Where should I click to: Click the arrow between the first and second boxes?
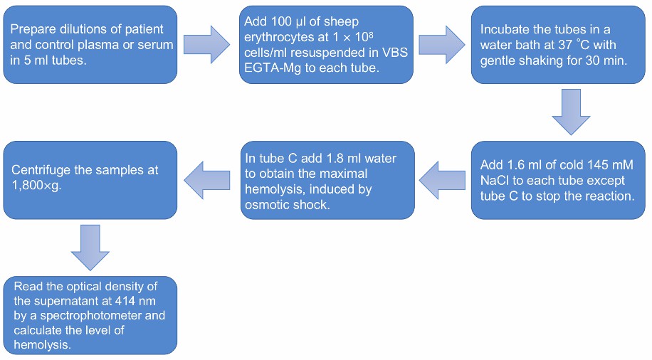click(x=207, y=45)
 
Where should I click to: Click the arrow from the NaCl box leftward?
click(x=442, y=180)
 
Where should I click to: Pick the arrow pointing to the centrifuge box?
click(x=207, y=180)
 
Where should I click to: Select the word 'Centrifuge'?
click(x=42, y=171)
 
